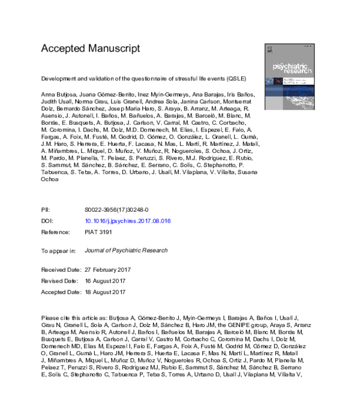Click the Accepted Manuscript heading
[90, 48]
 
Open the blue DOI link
[128, 221]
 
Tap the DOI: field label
[47, 221]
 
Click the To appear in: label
[58, 250]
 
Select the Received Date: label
[61, 270]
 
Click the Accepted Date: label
[62, 292]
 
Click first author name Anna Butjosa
[58, 94]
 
